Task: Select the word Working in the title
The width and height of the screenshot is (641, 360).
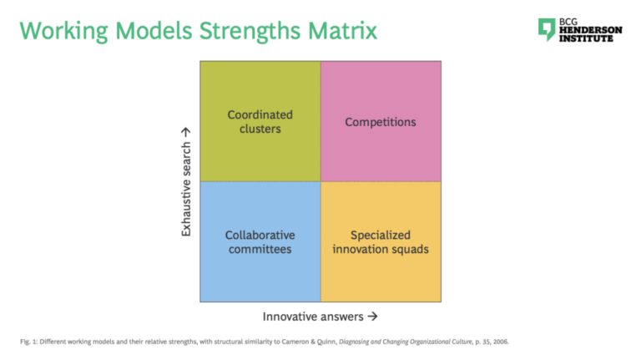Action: [63, 32]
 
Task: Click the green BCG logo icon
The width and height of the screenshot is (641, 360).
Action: [547, 29]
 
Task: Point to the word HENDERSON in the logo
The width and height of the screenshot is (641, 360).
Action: [591, 30]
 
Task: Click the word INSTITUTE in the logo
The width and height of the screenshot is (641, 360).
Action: [586, 38]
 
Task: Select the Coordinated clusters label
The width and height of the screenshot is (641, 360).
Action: [260, 121]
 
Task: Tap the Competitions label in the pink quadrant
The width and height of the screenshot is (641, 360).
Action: [381, 122]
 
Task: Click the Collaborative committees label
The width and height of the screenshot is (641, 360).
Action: [260, 241]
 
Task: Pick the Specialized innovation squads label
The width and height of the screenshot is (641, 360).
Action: [381, 241]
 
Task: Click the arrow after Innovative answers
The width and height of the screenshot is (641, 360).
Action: [372, 317]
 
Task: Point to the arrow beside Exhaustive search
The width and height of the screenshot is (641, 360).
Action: [185, 132]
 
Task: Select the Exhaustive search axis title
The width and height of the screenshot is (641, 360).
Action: [186, 189]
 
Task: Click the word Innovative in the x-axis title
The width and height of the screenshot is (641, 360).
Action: [290, 317]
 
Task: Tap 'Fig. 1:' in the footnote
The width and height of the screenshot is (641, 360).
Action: [28, 342]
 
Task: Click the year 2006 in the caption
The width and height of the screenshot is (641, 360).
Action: [501, 342]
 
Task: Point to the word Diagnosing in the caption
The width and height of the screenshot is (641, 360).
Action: [354, 342]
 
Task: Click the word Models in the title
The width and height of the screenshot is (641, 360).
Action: [154, 31]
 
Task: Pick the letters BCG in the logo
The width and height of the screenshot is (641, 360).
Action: [568, 22]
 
